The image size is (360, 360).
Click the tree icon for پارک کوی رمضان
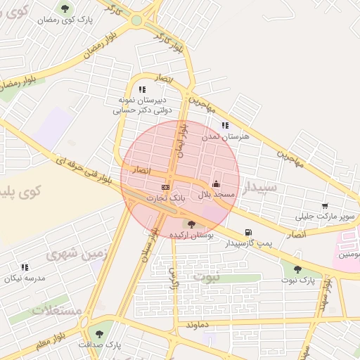(x=65, y=8)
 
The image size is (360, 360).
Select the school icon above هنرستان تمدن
(x=225, y=125)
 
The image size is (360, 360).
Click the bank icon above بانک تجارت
(x=166, y=188)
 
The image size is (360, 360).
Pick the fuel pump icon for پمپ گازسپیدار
(x=247, y=233)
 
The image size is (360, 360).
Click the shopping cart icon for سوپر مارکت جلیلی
(x=324, y=205)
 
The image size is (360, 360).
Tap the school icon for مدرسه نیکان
(x=25, y=267)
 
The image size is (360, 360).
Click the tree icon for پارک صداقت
(x=98, y=333)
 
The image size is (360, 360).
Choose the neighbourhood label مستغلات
(x=58, y=309)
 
